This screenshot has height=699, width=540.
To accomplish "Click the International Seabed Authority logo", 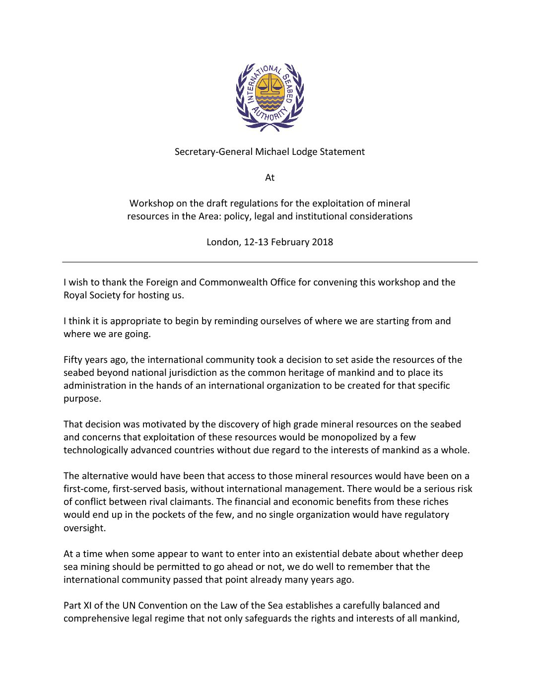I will coord(270,97).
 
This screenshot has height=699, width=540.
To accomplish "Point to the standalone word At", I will coord(270,178).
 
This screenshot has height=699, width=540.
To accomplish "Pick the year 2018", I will coord(323,242).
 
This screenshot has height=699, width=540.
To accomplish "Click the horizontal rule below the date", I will coord(270,262).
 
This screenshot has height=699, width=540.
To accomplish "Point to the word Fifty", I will coord(73,360).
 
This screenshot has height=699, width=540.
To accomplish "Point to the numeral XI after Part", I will coord(88,605).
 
